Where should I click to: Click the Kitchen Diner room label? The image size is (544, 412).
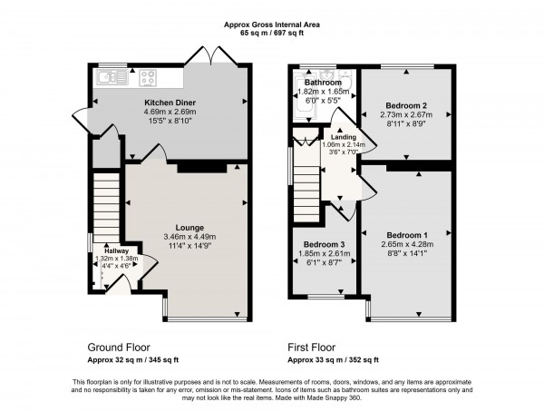pyautogui.click(x=170, y=103)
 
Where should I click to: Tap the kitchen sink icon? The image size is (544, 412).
pyautogui.click(x=112, y=77)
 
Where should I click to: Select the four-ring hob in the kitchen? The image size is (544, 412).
pyautogui.click(x=150, y=77)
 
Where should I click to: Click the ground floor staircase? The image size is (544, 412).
pyautogui.click(x=108, y=204)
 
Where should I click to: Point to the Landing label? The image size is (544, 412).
pyautogui.click(x=344, y=137)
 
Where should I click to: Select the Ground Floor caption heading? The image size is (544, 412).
pyautogui.click(x=118, y=348)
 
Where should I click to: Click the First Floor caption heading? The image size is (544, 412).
pyautogui.click(x=312, y=348)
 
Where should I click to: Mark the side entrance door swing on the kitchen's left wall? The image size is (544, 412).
pyautogui.click(x=82, y=118)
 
